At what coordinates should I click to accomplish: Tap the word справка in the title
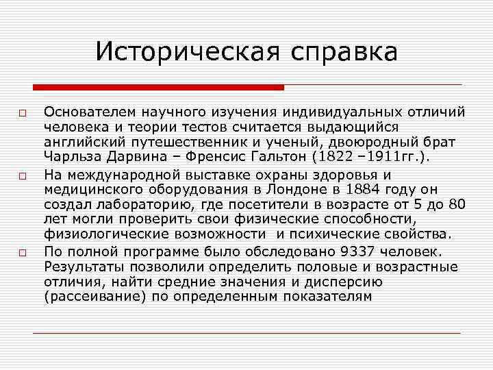[x=342, y=53]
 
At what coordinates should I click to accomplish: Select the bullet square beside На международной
[x=23, y=176]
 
